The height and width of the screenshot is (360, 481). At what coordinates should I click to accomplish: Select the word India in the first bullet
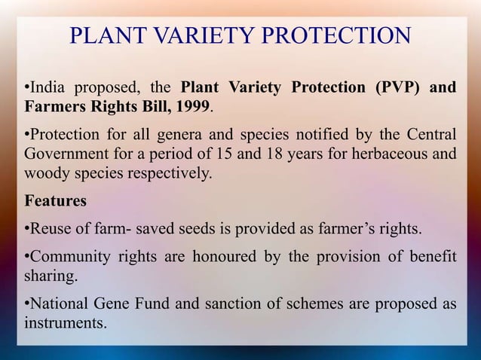[x=46, y=88]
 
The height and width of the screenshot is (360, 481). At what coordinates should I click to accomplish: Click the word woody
[x=47, y=173]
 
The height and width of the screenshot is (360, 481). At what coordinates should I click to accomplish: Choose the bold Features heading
[x=55, y=202]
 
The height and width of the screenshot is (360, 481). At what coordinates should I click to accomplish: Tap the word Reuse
[x=50, y=229]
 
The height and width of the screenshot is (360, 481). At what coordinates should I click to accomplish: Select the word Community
[x=69, y=258]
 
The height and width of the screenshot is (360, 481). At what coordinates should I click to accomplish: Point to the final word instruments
[x=65, y=324]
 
